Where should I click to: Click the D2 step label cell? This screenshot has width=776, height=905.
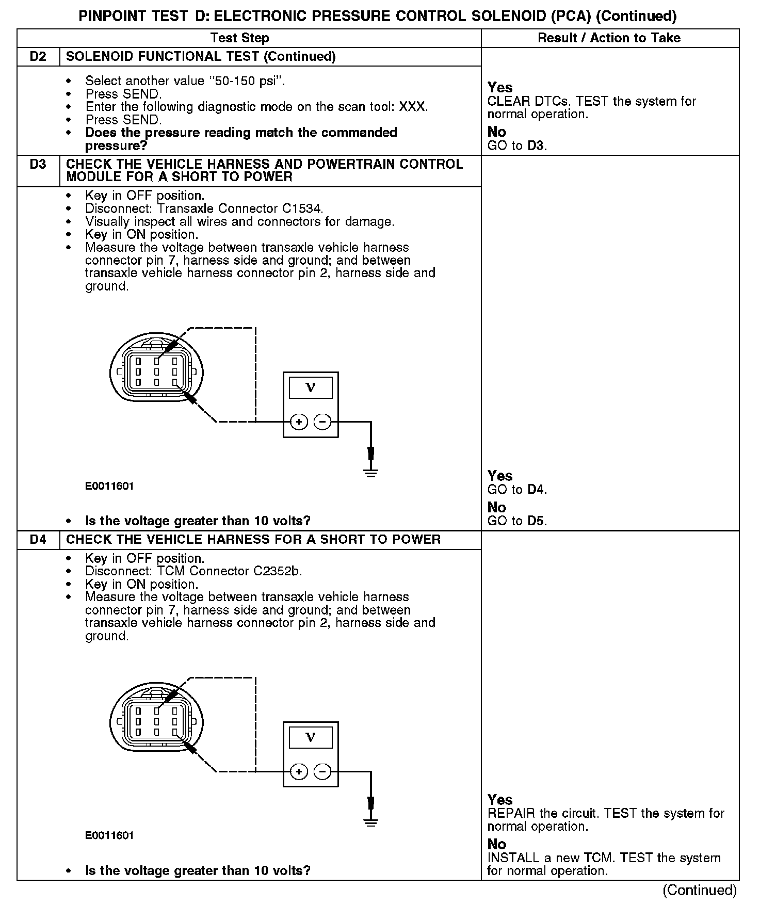coord(38,57)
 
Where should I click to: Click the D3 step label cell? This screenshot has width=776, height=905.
coord(38,165)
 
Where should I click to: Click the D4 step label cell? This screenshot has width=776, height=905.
coord(38,540)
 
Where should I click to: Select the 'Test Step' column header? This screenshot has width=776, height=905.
coord(239,38)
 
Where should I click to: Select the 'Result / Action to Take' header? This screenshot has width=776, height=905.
coord(609,38)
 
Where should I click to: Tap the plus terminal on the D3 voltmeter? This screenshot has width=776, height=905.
coord(299,422)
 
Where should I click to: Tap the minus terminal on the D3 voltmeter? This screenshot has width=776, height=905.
coord(323,422)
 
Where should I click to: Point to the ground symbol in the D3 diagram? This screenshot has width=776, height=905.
coord(370,472)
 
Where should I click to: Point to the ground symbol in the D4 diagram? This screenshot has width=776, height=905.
coord(370,821)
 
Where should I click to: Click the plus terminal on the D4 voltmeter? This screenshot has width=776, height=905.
coord(299,772)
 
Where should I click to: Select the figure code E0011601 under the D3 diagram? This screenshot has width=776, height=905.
coord(109,486)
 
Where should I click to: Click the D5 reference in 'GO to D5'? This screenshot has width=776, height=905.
coord(536,521)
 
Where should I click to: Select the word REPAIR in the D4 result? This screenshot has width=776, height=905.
coord(511,814)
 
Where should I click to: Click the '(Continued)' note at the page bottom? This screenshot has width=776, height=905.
coord(699,890)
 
